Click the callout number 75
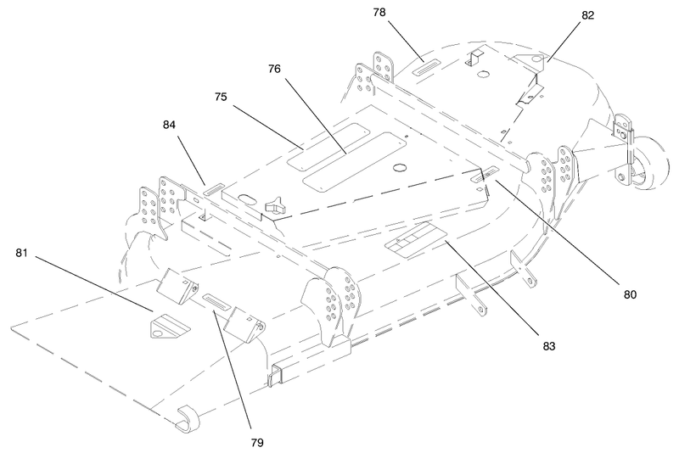(221, 97)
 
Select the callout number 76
(274, 70)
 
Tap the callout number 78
(379, 13)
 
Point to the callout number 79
(257, 443)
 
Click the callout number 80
(630, 294)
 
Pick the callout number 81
(22, 253)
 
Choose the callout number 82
(587, 15)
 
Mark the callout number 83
(548, 347)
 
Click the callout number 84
(169, 125)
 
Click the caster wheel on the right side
(648, 163)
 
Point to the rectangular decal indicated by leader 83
(416, 239)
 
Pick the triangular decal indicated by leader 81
(170, 326)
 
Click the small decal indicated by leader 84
(214, 189)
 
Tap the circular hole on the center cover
(400, 167)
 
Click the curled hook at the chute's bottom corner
(187, 419)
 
